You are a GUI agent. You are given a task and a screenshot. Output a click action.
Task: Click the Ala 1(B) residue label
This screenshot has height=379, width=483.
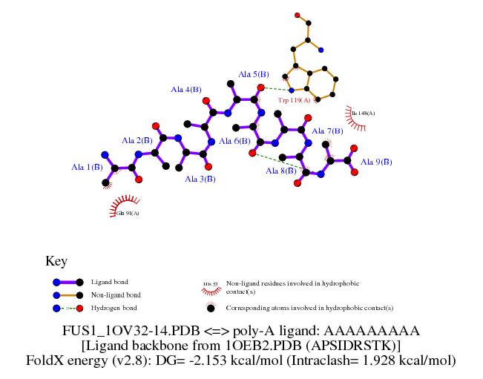[x=87, y=168]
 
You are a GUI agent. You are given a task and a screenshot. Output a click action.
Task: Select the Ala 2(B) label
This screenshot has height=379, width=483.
[x=137, y=140]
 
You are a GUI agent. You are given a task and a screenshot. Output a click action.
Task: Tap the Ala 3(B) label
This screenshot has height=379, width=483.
[x=200, y=179]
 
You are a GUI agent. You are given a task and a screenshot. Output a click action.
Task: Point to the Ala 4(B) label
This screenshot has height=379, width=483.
[x=186, y=90]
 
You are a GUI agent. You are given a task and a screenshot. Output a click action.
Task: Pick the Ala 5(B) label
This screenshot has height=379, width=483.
[x=253, y=74]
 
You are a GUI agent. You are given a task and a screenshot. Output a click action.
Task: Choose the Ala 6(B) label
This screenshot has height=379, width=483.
[x=234, y=141]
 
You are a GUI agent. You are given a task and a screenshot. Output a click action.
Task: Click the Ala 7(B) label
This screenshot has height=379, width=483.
[x=326, y=131]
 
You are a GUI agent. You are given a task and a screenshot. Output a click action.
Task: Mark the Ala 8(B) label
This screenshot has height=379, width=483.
[x=281, y=171]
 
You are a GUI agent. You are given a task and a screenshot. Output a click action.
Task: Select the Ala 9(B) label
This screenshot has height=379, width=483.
[x=376, y=162]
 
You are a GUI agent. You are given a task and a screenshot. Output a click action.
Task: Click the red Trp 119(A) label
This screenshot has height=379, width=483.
[x=293, y=99]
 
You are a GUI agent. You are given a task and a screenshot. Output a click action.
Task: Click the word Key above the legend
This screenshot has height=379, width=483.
[x=56, y=261]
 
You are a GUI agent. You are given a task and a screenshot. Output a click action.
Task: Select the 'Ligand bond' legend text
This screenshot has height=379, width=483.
[x=109, y=282]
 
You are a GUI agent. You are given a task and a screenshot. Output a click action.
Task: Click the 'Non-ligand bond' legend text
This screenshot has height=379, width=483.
[x=116, y=294]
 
